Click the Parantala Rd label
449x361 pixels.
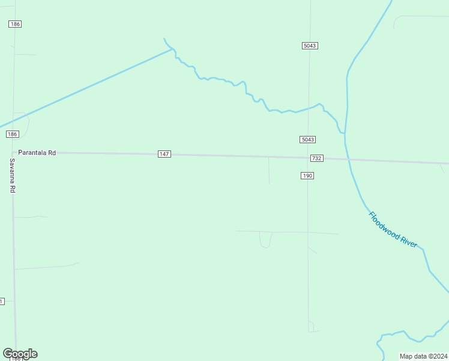(x=37, y=153)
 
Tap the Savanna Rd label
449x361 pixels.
(x=12, y=176)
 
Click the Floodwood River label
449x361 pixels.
(x=393, y=229)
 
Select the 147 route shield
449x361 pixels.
(x=164, y=154)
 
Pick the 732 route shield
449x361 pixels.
(x=317, y=158)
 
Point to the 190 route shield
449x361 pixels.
(x=307, y=176)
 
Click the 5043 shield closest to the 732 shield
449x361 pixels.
(x=307, y=140)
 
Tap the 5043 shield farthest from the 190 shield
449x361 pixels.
(x=309, y=46)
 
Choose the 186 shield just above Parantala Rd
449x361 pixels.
(x=13, y=134)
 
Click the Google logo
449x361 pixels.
(x=20, y=354)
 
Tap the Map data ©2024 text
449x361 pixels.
(x=423, y=356)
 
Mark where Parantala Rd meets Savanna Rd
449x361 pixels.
(x=13, y=153)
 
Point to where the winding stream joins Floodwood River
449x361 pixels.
(x=344, y=133)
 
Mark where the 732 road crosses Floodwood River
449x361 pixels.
(x=348, y=159)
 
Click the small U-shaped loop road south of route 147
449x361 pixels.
(x=265, y=241)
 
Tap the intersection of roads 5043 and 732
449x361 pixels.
(x=309, y=158)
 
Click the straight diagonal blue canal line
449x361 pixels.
(x=90, y=87)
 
